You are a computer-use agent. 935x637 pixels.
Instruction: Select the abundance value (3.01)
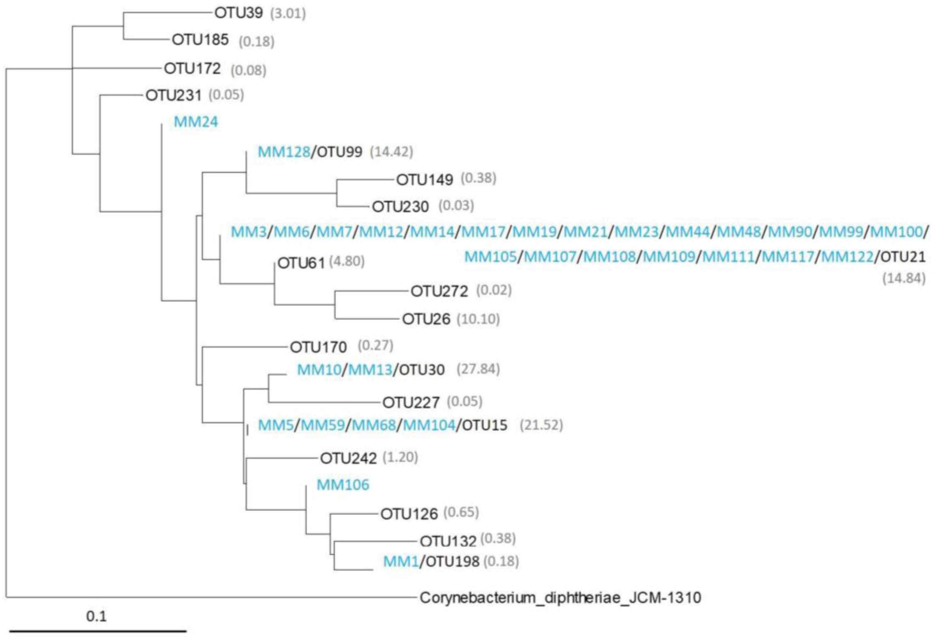click(x=288, y=14)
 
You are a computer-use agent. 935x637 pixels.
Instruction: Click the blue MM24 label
click(x=196, y=121)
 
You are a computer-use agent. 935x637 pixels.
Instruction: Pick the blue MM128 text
click(x=284, y=152)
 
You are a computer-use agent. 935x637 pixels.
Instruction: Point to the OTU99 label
click(x=340, y=152)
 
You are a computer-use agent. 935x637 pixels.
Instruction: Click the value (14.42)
click(x=392, y=152)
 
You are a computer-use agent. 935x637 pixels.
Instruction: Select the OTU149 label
click(x=424, y=180)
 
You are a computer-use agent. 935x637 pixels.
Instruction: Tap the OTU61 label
click(x=301, y=263)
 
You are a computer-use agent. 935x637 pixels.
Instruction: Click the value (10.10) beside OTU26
click(x=478, y=319)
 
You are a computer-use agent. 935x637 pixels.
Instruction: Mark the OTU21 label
click(x=903, y=256)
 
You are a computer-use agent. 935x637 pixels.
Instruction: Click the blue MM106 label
click(x=343, y=485)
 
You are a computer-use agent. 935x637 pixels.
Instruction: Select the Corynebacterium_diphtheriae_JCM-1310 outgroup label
click(x=560, y=598)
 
